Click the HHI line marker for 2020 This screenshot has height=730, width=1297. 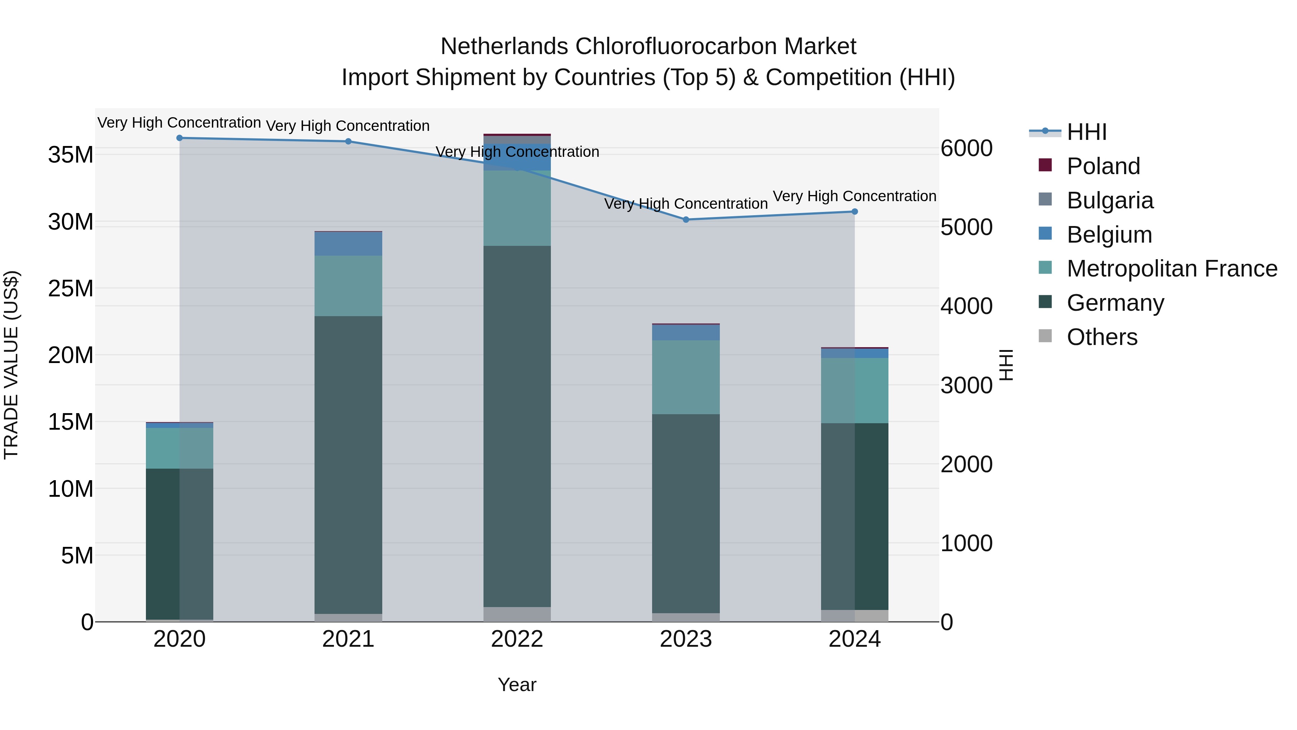click(180, 138)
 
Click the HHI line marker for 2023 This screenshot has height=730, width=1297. click(686, 220)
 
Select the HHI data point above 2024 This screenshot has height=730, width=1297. click(855, 212)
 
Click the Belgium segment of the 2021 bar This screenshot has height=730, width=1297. click(348, 244)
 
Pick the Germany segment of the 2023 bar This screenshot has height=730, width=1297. click(686, 513)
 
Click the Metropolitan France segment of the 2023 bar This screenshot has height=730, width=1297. click(686, 377)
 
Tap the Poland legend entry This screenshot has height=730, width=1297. click(1103, 166)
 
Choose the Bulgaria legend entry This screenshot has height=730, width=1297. click(1109, 200)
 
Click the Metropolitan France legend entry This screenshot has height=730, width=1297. click(1171, 269)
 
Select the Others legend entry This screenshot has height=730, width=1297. click(1102, 337)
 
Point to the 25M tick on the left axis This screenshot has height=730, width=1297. click(71, 289)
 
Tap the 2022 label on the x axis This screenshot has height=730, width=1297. click(517, 639)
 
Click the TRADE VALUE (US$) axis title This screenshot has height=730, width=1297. click(11, 365)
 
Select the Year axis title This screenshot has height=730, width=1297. click(517, 685)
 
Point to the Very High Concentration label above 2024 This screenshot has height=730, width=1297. click(855, 196)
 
